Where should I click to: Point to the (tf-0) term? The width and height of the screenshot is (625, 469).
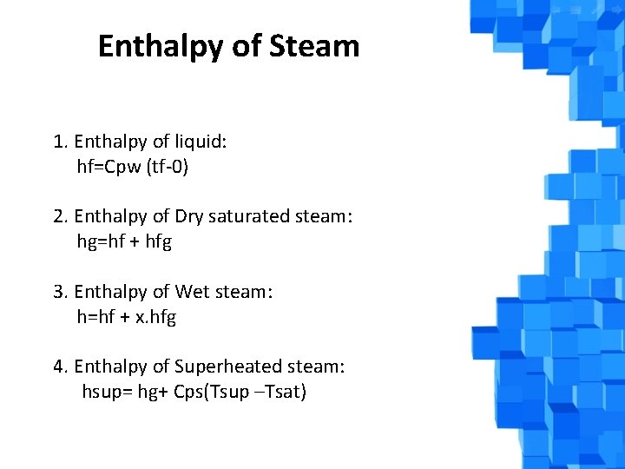[x=168, y=167]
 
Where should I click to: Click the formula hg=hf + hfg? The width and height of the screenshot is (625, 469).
[x=124, y=241]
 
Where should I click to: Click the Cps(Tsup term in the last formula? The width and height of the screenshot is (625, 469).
[x=213, y=393]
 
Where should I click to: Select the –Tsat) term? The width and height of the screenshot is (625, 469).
[x=281, y=393]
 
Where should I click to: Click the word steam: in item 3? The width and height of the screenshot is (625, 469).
[x=246, y=292]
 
